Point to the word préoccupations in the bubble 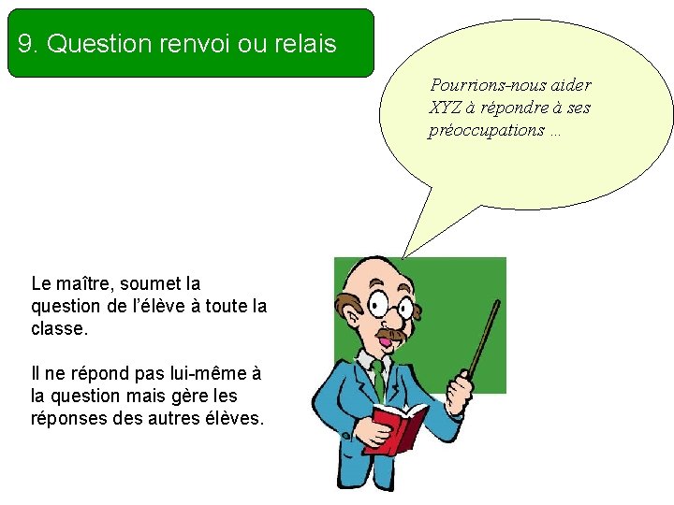click(486, 130)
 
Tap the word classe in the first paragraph click(58, 329)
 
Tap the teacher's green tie click(378, 378)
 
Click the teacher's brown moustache click(389, 333)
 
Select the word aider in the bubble click(570, 85)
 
